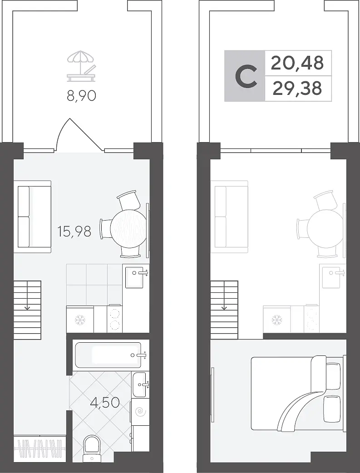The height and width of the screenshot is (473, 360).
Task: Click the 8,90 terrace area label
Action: [81, 96]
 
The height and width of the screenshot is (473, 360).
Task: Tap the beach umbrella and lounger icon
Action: [81, 66]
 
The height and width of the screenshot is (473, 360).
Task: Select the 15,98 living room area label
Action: [74, 231]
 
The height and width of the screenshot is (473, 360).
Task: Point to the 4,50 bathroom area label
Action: [105, 402]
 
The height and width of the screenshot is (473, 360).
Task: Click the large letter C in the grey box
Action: [246, 76]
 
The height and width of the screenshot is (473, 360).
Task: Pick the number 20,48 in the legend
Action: [297, 63]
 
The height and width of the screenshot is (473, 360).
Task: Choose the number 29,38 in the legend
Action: [297, 89]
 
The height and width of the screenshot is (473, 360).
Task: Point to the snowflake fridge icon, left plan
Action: [80, 320]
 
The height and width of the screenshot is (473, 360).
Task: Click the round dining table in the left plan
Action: [128, 228]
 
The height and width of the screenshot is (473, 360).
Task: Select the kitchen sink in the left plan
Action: [135, 276]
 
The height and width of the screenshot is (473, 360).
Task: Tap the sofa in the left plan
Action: [32, 216]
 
